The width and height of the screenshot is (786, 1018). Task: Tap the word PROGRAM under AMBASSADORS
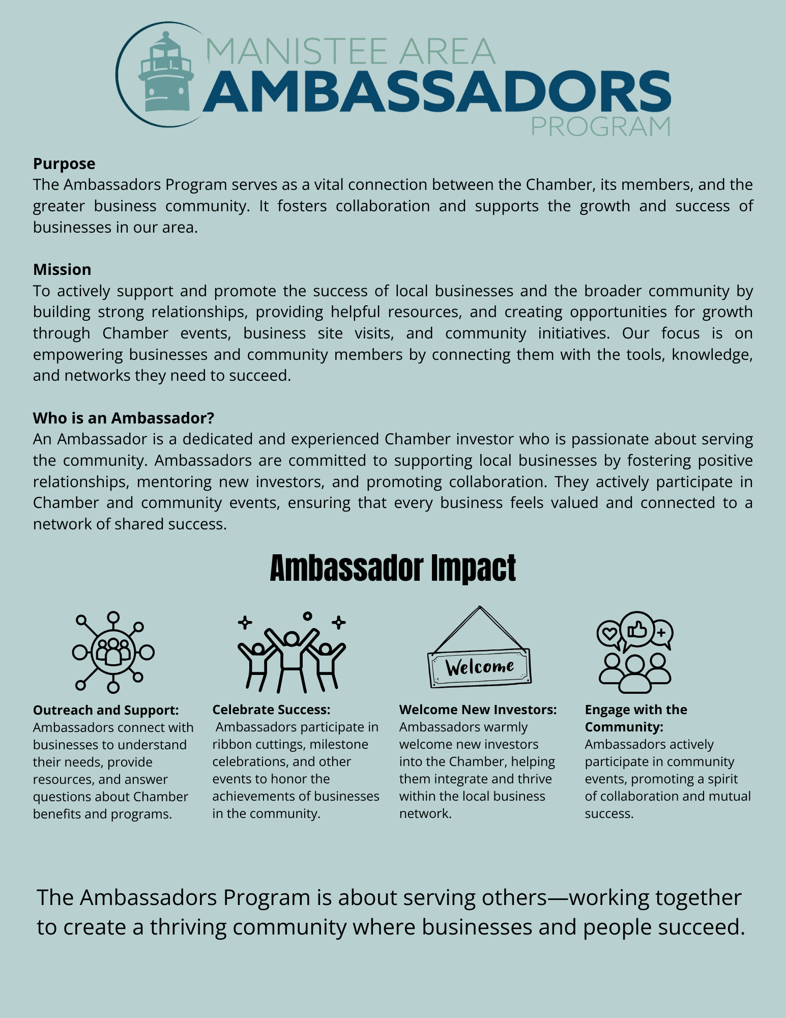coord(600,126)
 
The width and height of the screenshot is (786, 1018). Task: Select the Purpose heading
coord(64,164)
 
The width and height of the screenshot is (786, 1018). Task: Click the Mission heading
coord(62,269)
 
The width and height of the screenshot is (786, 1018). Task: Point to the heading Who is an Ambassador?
coord(124,418)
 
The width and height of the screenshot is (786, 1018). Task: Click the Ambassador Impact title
coord(393,569)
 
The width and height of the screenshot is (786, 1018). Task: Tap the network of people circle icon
coord(113,652)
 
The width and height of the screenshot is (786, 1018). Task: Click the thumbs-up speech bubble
coord(637,630)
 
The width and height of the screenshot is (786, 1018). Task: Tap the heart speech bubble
coord(609,634)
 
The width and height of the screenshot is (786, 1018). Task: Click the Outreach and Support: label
coord(106,710)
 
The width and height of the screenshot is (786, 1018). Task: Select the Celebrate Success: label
coord(271,710)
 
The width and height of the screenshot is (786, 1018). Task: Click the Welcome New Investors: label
coord(478,710)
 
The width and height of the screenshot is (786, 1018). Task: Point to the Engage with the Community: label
coord(635,718)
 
